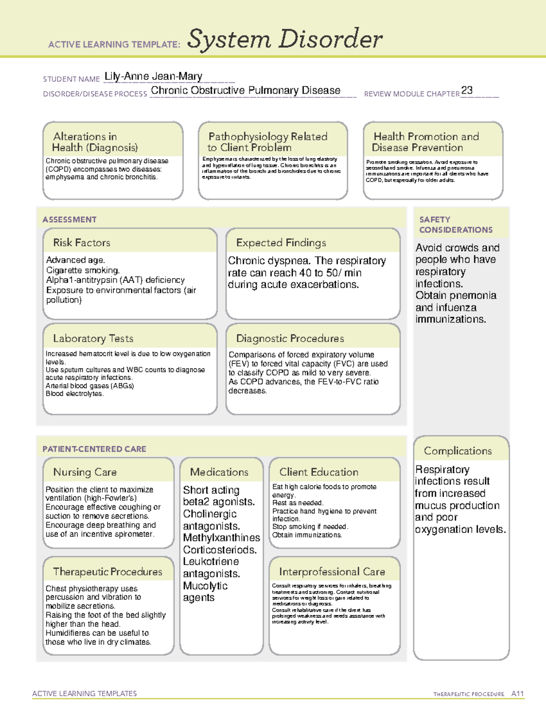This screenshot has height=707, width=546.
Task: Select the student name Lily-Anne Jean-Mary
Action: (153, 76)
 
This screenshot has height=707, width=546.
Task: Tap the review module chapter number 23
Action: (467, 91)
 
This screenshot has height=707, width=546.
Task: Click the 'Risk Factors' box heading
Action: (82, 243)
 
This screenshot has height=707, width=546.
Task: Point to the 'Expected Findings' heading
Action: (281, 243)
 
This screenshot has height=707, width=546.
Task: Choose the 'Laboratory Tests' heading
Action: (93, 338)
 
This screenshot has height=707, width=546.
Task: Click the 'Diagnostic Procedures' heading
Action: (290, 338)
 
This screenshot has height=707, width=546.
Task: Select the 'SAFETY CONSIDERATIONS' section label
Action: (455, 225)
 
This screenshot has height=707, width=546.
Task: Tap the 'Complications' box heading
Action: (458, 451)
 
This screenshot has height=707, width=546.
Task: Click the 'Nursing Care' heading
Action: (85, 472)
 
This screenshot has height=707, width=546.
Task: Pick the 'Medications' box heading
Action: (219, 472)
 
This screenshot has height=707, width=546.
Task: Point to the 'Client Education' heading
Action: (318, 472)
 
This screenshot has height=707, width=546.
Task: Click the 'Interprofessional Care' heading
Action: (332, 571)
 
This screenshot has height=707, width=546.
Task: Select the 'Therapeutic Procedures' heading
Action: (108, 571)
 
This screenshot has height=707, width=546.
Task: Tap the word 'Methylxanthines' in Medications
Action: (222, 538)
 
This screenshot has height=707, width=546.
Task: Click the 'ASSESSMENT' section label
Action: (70, 219)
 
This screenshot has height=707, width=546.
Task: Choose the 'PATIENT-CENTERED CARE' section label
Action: (94, 449)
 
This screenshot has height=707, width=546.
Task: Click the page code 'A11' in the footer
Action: (517, 693)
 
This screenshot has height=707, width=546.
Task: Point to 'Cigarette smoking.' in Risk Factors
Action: (83, 270)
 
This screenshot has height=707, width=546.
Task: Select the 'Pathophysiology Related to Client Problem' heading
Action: (268, 142)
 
